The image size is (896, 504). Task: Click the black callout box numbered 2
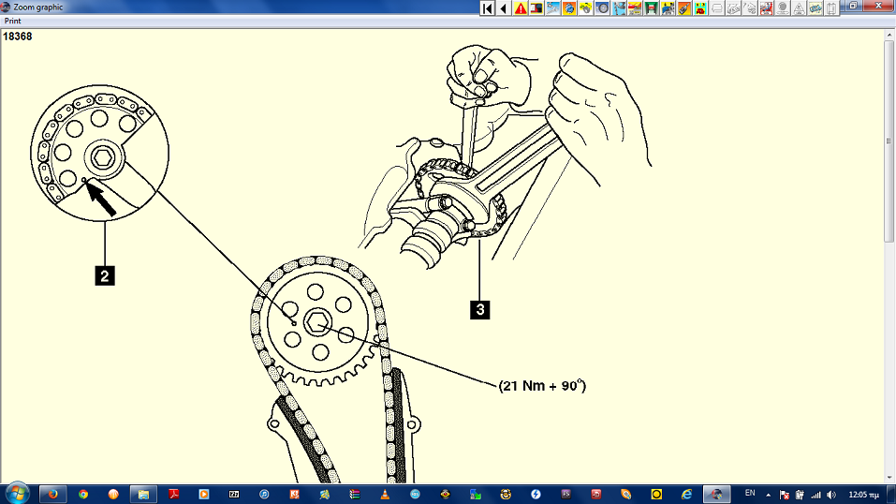point(105,275)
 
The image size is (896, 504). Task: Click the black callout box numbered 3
point(480,309)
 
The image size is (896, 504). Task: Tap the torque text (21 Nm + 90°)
point(542,386)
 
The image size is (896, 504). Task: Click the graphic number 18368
point(17,37)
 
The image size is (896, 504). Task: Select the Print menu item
point(12,21)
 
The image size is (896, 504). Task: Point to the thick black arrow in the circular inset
point(101,199)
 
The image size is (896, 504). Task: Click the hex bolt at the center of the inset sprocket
point(103,157)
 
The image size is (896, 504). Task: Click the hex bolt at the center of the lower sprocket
point(315,323)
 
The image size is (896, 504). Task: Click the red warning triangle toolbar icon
point(521,8)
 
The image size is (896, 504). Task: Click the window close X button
point(879,6)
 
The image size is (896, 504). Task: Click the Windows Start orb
point(17,493)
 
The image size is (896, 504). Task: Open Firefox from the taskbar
point(53,494)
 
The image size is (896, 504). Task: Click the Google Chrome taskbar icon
point(83,495)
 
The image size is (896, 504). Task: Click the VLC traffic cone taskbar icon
point(385,495)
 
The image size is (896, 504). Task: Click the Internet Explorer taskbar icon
point(686,495)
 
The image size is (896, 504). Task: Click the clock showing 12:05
point(863,495)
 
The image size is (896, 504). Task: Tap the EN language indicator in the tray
point(750,493)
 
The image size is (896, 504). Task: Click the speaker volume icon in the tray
point(831,495)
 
